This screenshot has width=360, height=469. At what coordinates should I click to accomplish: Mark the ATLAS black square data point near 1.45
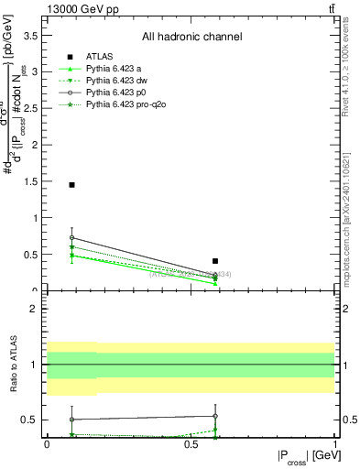[71, 185]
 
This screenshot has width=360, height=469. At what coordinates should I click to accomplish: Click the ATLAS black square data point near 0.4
[215, 261]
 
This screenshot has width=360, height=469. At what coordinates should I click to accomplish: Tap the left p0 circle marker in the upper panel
[71, 237]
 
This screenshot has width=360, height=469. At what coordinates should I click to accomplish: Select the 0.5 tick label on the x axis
[191, 443]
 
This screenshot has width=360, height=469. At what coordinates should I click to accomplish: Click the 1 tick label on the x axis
[334, 443]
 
